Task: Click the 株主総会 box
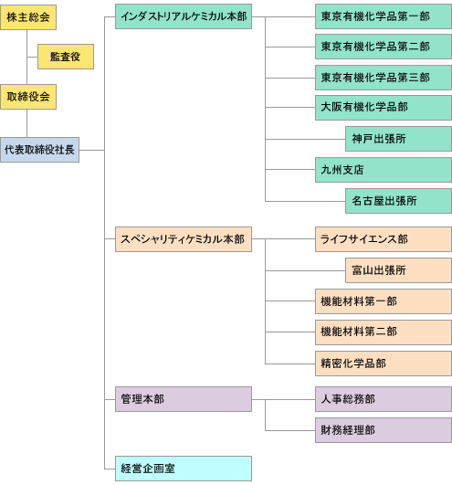tap(28, 17)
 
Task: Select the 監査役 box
tap(66, 57)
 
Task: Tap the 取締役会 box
tap(28, 97)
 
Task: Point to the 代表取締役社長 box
tap(39, 150)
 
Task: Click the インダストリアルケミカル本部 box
tap(184, 16)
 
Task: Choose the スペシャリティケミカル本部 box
tap(184, 239)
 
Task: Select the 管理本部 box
tap(184, 399)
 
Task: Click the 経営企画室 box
tap(184, 469)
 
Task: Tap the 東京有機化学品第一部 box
tap(384, 16)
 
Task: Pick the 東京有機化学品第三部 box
tap(384, 78)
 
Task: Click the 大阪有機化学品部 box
tap(384, 108)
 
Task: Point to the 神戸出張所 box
tap(398, 139)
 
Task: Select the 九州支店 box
tap(384, 170)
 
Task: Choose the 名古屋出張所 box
tap(398, 201)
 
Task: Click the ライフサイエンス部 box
tap(384, 239)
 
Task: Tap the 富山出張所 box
tap(398, 270)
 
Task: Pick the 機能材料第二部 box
tap(384, 332)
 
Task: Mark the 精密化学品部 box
tap(384, 364)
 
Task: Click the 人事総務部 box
tap(384, 399)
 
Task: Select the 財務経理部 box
tap(384, 430)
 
